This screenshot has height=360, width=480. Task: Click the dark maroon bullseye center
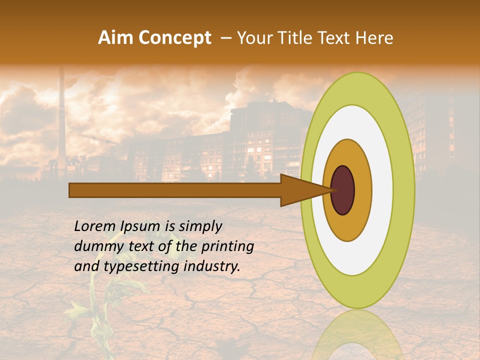[343, 190]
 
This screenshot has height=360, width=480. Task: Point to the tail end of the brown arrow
[72, 190]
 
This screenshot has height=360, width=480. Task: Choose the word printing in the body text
[227, 247]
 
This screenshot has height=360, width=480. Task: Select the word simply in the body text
[200, 227]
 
